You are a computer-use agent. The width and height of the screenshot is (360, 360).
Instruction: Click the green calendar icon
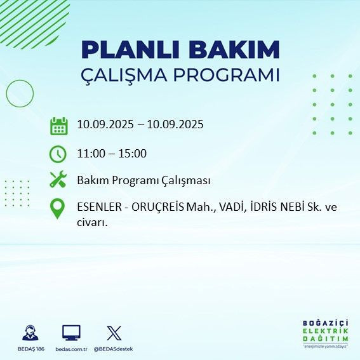coord(58,125)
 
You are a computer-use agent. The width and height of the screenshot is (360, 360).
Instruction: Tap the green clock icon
coord(58,154)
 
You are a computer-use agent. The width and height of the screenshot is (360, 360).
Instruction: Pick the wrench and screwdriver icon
coord(58,180)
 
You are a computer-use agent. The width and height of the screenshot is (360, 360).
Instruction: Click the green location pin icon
coord(58,209)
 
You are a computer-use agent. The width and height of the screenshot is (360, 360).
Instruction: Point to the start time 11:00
coord(91,153)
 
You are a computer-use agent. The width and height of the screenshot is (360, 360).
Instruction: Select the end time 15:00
coord(133,153)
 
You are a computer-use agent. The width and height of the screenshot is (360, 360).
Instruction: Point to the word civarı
coord(92,222)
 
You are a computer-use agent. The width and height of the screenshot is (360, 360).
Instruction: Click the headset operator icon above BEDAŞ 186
coord(30,333)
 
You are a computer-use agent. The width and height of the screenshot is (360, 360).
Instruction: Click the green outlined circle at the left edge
coord(19,93)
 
